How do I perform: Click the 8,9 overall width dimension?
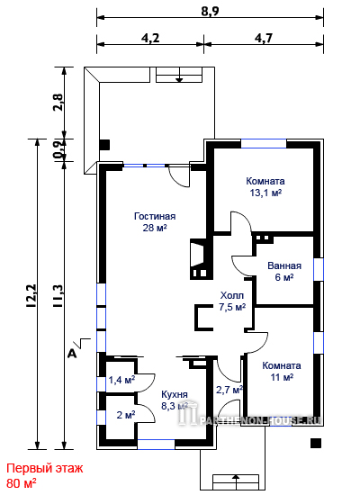210,11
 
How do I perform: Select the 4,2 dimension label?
150,38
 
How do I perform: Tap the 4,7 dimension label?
264,38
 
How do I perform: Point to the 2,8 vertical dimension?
58,102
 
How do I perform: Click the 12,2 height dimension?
31,296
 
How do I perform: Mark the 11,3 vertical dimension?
58,296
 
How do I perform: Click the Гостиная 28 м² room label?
155,222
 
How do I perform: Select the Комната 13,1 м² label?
265,187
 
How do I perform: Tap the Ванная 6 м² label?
284,271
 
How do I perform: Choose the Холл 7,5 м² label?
232,301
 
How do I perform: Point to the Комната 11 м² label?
282,371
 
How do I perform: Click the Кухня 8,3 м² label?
175,400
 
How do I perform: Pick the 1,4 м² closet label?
121,380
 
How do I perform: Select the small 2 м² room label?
126,415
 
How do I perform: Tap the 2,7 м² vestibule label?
229,390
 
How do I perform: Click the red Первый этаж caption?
44,468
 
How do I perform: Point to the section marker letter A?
72,355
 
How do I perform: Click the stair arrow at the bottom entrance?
236,479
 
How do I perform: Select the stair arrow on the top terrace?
179,76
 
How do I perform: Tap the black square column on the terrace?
104,145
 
